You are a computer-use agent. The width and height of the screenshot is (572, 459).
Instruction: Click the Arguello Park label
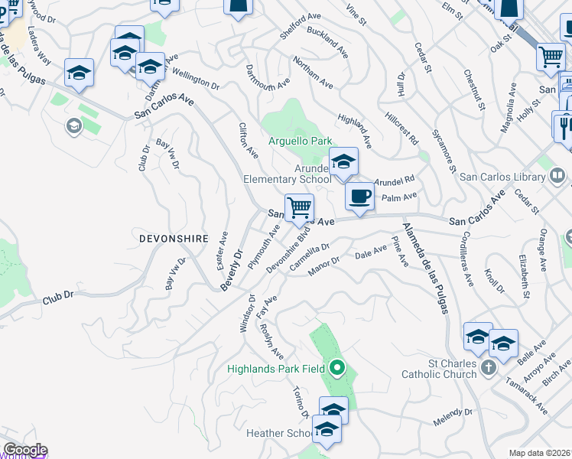point(301,142)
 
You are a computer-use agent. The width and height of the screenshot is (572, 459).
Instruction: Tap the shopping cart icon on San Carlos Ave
point(299,207)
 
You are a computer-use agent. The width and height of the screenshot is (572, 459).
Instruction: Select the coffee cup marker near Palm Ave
point(359,197)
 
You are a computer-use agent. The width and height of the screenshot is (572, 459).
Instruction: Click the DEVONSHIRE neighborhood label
point(174,239)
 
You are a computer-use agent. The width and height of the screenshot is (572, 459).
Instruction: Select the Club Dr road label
point(58,295)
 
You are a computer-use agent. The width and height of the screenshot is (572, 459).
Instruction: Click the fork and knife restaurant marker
point(564,125)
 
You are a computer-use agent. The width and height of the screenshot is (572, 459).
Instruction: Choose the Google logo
point(24,451)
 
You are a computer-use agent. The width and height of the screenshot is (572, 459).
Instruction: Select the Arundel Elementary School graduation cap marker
point(343,161)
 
